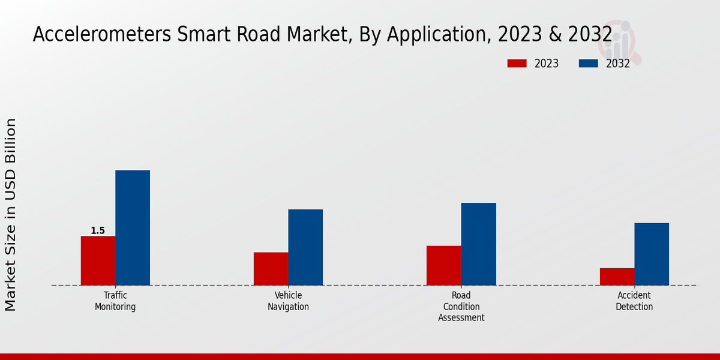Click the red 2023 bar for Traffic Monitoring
tap(98, 260)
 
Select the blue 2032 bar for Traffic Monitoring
tap(133, 227)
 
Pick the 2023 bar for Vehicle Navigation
tap(271, 268)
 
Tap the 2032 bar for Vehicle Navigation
tap(305, 247)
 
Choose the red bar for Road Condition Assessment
tap(443, 265)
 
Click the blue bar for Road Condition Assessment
tap(478, 244)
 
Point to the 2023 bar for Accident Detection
tap(617, 276)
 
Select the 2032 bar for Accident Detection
tap(652, 254)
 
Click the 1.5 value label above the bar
tap(98, 231)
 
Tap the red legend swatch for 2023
tap(517, 64)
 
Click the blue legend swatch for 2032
tap(588, 64)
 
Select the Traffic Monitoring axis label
tap(115, 301)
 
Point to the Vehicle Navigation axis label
tap(288, 301)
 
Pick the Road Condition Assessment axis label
tap(461, 307)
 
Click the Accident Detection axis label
tap(634, 301)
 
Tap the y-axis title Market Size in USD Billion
tap(11, 214)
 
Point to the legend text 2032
tap(617, 64)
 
